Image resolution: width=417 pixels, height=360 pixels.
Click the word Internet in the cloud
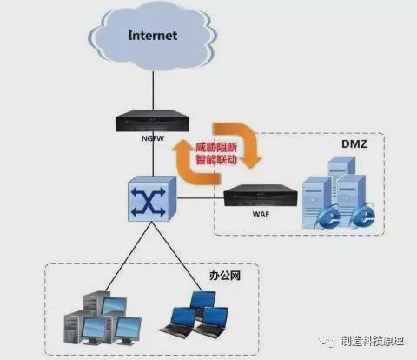tap(153, 36)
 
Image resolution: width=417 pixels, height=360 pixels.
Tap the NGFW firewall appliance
tap(153, 121)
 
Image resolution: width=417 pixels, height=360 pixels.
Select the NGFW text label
tap(153, 137)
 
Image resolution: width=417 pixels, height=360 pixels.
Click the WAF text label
tap(257, 214)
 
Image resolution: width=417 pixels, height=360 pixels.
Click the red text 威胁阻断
tap(215, 148)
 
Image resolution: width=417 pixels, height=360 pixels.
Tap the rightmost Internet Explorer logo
tap(360, 215)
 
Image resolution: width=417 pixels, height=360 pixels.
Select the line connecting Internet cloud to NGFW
tap(153, 87)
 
